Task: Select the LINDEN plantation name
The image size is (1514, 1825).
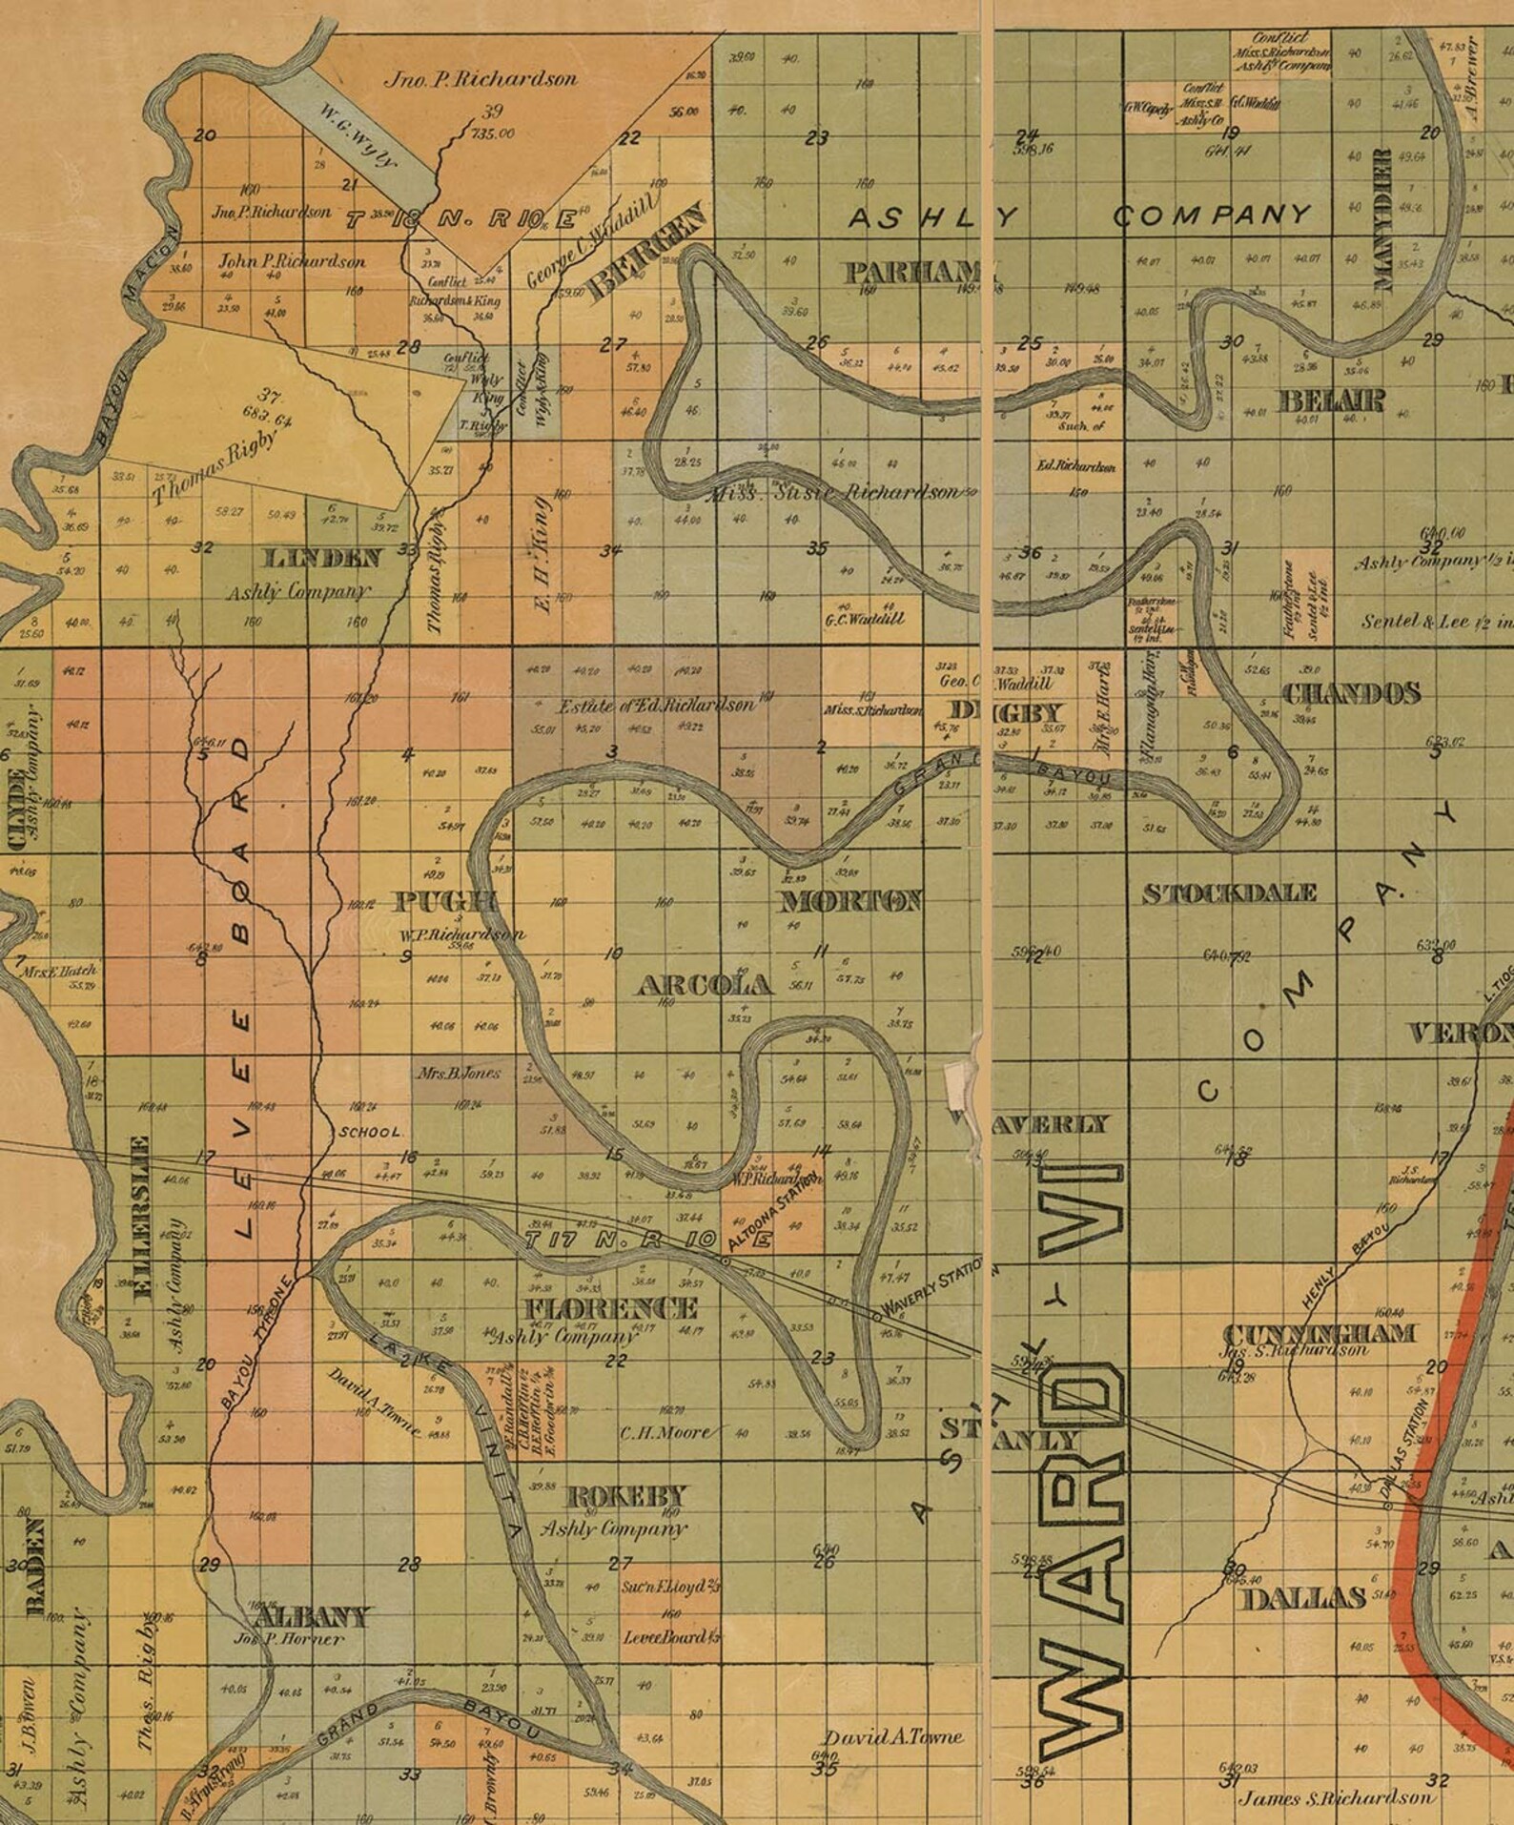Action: (321, 559)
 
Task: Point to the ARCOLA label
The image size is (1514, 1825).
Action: (704, 985)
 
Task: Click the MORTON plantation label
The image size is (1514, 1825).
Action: (851, 901)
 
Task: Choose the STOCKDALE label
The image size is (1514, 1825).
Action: (1230, 893)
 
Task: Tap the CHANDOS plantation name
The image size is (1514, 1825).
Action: (1351, 693)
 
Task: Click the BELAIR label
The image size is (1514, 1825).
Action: (1330, 400)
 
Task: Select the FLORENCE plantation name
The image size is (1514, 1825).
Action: (611, 1307)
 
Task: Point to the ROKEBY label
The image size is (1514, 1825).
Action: (625, 1495)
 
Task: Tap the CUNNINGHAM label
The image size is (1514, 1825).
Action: (1318, 1334)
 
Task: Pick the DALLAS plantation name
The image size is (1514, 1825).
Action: (1303, 1598)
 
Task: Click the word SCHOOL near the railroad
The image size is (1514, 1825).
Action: (371, 1132)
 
